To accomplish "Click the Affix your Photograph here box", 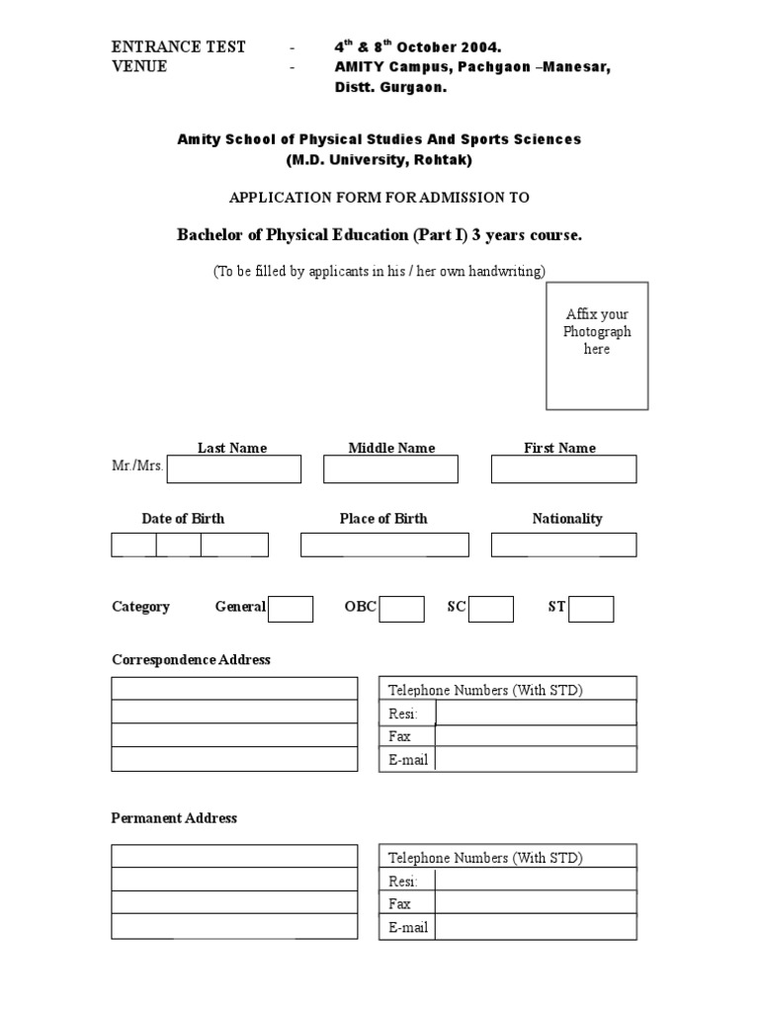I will (x=597, y=346).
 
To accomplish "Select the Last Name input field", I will (x=234, y=469).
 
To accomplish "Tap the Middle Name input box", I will (x=390, y=469).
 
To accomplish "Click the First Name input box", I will (x=563, y=469).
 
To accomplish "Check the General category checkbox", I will (x=291, y=609).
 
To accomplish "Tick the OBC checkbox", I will (x=402, y=609).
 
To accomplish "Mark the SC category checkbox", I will (x=491, y=609).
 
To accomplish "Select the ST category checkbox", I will (x=591, y=609).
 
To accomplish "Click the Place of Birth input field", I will (x=384, y=545).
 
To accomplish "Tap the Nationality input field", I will (x=563, y=545).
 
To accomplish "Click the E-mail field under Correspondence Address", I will (x=535, y=760).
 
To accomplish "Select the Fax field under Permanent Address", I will (x=535, y=903).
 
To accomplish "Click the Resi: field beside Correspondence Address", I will (x=535, y=714).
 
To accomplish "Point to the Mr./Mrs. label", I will (x=137, y=465).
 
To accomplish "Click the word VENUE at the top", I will (x=139, y=67).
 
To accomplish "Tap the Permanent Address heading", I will (x=174, y=818).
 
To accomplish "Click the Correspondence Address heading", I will (x=191, y=659).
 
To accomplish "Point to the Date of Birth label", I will (x=183, y=518).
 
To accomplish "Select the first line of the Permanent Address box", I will (x=234, y=856).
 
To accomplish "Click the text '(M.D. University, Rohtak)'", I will (x=379, y=159).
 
